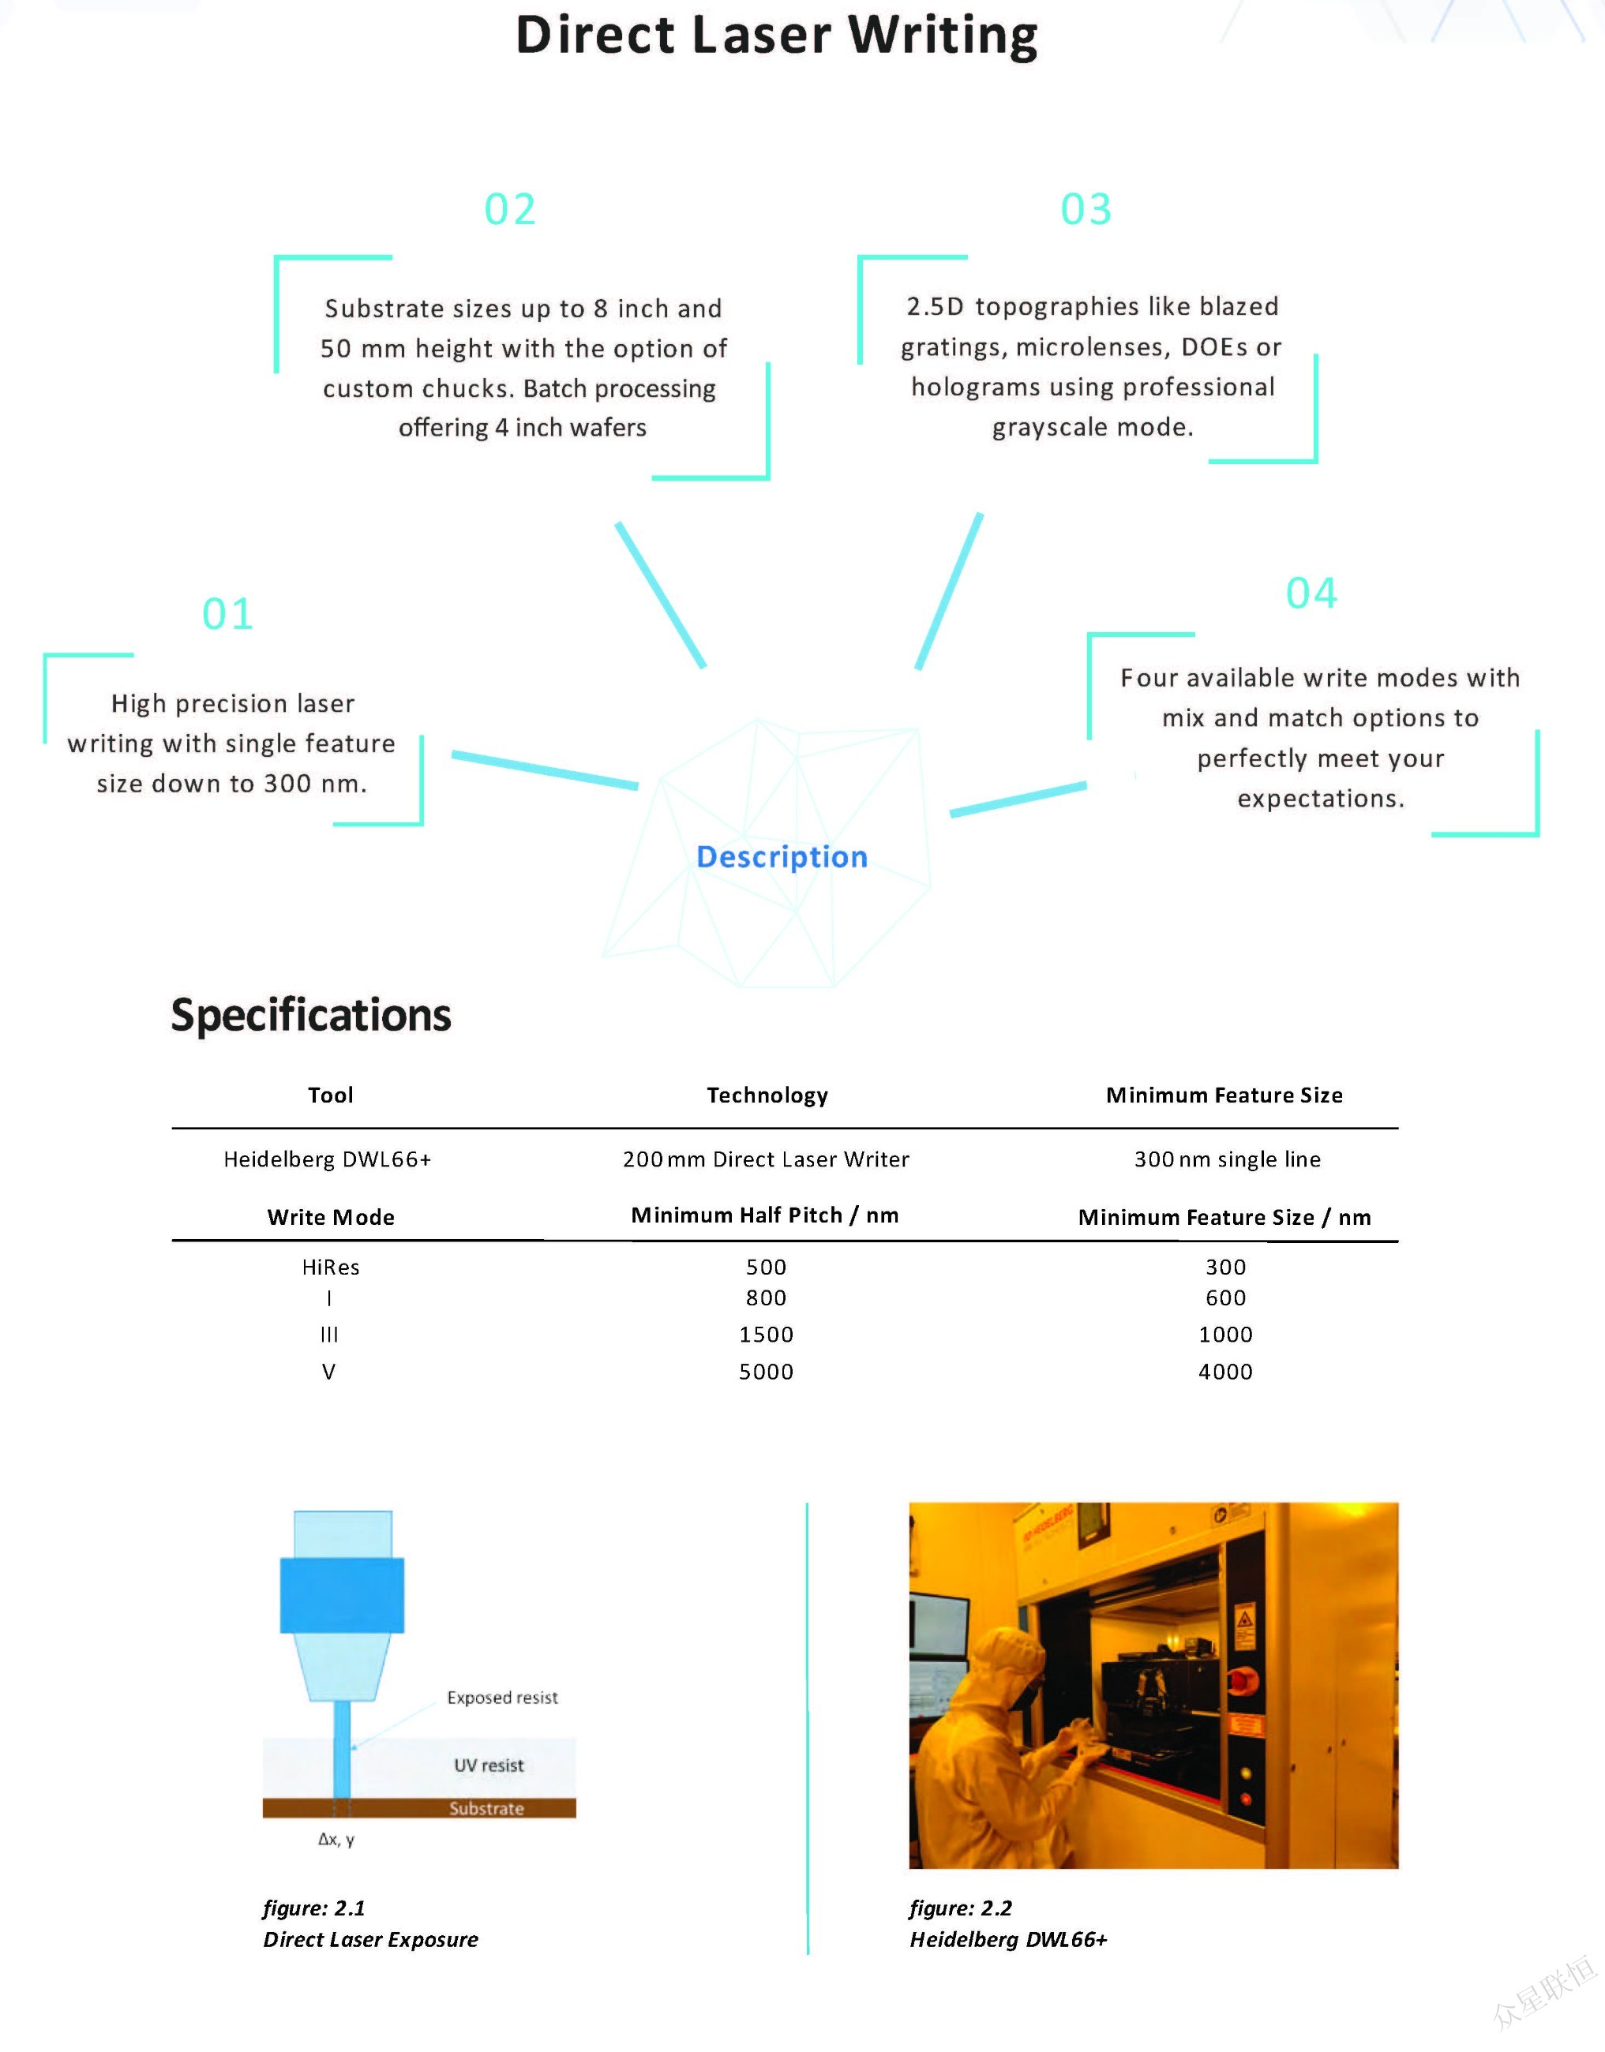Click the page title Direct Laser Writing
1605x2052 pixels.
[776, 36]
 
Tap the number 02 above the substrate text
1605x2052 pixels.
[509, 209]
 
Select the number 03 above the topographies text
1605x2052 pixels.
[1086, 209]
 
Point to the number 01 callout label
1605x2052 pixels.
[227, 615]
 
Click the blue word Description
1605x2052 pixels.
[782, 857]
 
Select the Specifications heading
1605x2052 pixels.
[311, 1015]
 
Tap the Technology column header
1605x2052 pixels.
[767, 1095]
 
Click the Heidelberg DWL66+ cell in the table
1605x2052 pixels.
[327, 1159]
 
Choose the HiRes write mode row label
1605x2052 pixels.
[331, 1268]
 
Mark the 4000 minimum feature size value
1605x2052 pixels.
[1225, 1372]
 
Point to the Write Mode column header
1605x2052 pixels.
[331, 1218]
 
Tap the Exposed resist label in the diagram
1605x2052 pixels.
[502, 1698]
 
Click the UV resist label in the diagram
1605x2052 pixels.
[489, 1766]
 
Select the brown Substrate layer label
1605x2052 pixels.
[486, 1809]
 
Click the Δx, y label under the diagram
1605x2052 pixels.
[336, 1840]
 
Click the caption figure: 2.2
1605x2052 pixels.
[960, 1908]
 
